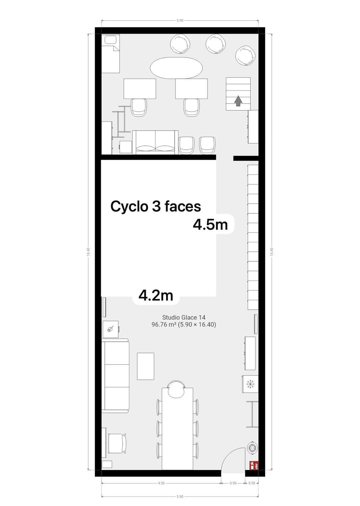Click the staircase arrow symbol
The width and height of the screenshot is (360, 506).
pos(238,101)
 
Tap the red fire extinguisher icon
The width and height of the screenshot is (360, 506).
pos(253,466)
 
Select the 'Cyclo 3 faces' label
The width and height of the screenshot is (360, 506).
pos(156,206)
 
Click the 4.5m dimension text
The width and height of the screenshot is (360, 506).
pos(210,224)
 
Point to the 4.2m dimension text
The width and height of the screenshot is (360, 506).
pos(156,296)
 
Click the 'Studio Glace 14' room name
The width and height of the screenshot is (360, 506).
pos(184,317)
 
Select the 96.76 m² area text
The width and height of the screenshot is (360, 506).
pos(184,325)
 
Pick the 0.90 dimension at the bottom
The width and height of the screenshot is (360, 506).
pos(233,483)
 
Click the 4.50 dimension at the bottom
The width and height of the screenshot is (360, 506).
pos(161,483)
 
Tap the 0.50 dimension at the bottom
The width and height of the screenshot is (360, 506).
pos(252,483)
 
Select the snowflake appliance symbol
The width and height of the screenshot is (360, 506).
pos(250,384)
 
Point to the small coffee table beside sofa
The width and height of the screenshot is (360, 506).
pos(145,366)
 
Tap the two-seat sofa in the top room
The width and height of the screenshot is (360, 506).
pos(155,142)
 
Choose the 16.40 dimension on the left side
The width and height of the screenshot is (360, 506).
pos(88,252)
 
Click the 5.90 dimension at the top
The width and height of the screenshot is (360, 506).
pos(180,21)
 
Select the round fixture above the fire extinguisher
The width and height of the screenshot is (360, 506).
pos(252,448)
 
